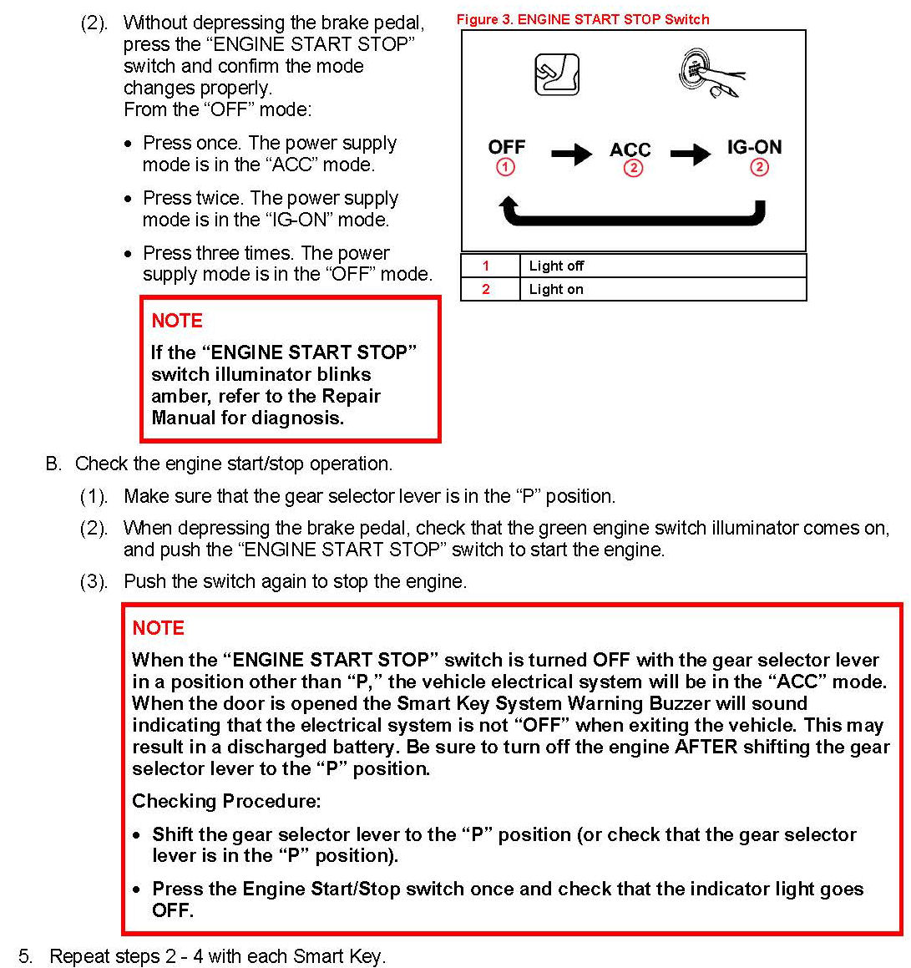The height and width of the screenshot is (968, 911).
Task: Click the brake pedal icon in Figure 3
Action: click(x=556, y=75)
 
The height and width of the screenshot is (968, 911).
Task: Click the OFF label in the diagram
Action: click(x=506, y=147)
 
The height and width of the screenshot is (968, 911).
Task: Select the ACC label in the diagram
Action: click(x=630, y=150)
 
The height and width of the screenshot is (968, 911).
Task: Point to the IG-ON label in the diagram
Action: click(x=754, y=147)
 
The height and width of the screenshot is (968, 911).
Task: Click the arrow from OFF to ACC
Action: click(x=571, y=153)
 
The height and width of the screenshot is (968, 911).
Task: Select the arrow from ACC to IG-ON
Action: click(x=691, y=153)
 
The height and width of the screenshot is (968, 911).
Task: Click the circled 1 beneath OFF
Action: click(x=506, y=167)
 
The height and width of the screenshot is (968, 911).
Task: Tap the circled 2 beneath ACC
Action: click(x=633, y=168)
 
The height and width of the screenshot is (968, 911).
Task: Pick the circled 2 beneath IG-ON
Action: click(x=759, y=167)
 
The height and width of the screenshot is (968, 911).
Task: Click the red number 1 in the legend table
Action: click(x=486, y=266)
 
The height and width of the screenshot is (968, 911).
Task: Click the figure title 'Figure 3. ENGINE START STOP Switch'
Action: click(x=583, y=19)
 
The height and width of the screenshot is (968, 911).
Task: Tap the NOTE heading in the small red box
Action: click(x=177, y=321)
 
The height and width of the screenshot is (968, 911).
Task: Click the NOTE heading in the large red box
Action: click(x=158, y=628)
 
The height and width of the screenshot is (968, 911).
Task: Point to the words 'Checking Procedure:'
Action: click(x=226, y=801)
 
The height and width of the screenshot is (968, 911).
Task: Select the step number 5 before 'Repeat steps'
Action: click(x=25, y=956)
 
